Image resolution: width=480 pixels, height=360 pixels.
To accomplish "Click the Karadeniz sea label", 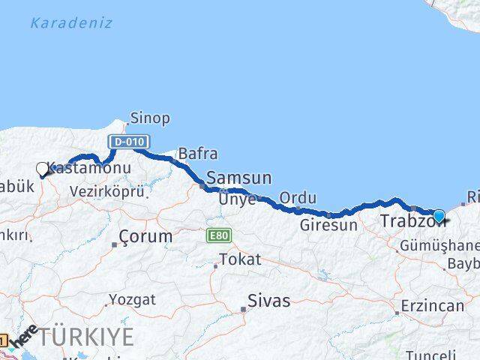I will pos(71,22).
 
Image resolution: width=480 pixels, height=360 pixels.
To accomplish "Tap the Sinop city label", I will pos(150,118).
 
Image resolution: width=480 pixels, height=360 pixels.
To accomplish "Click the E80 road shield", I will pos(219,235).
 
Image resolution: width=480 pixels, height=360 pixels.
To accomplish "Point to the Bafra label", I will pos(198,154).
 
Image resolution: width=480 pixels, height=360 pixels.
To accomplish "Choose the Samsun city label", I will pos(238,178).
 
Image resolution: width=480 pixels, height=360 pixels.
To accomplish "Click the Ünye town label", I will pos(237,199).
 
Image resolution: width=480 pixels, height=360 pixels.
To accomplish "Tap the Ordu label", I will pos(298,197).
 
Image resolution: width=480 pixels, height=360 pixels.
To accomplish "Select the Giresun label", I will pos(328,224).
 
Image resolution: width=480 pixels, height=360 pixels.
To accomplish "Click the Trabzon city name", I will pos(405,221).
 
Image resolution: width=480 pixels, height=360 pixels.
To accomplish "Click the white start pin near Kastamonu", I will pos(43,169).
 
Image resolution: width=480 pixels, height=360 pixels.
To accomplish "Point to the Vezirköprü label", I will pos(106,192).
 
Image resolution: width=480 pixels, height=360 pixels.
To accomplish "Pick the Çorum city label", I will pos(146,236).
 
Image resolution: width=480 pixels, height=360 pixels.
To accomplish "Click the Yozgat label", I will pos(132,300).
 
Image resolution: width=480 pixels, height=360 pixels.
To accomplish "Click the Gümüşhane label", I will pos(439,245).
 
